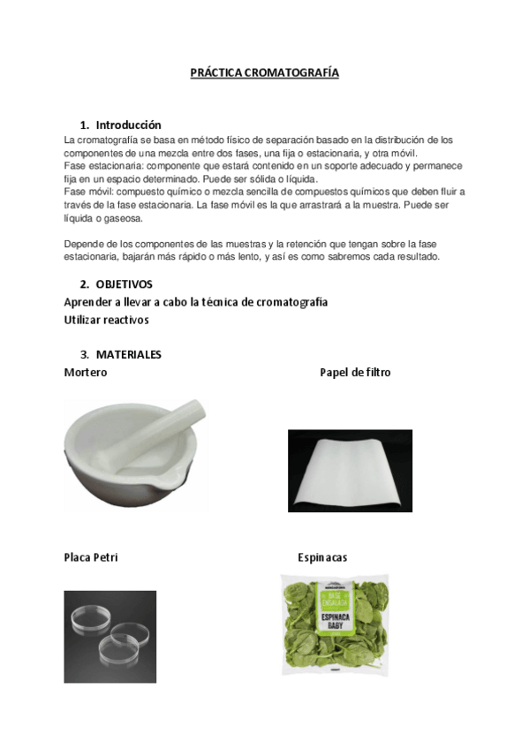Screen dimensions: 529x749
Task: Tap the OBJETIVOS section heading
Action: (124, 284)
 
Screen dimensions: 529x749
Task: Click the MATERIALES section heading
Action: (128, 354)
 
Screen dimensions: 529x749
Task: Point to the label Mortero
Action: (86, 373)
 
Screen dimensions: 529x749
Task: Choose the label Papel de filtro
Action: (355, 373)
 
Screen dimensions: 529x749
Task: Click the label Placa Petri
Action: (91, 557)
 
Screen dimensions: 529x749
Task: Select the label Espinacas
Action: (322, 557)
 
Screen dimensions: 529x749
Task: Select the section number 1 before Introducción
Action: (84, 125)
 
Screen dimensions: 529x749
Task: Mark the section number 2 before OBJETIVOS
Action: (84, 284)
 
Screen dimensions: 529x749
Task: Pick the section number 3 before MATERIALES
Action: (84, 354)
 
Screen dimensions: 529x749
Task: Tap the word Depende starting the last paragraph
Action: (85, 244)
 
